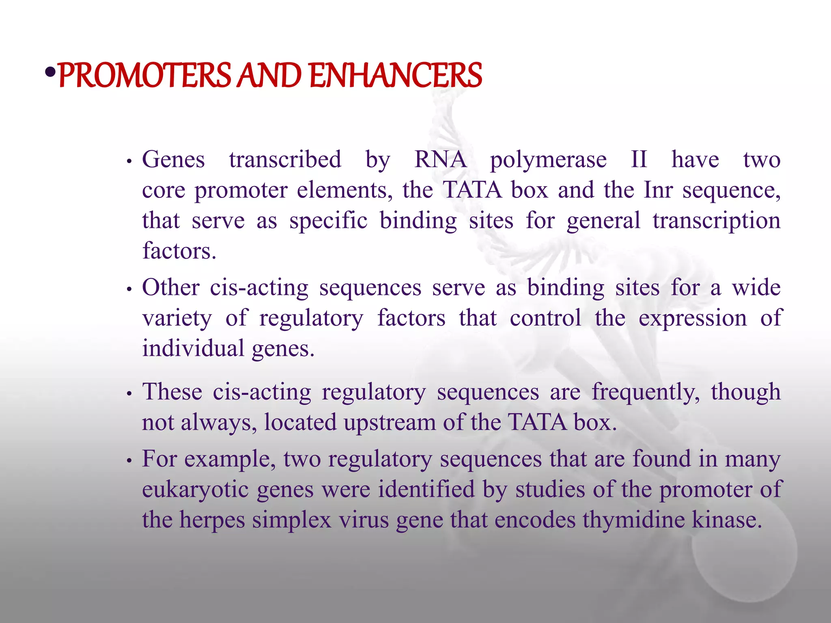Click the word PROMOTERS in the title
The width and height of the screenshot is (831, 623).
[144, 75]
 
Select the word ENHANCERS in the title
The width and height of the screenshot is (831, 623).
[396, 75]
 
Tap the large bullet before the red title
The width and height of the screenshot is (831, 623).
[50, 73]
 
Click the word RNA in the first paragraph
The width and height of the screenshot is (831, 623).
[440, 159]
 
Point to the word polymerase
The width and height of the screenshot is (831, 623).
[548, 160]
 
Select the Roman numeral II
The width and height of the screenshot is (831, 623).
[639, 159]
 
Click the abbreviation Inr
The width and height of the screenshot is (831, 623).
[658, 189]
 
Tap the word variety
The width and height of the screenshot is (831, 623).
[177, 318]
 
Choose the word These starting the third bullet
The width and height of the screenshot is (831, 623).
[172, 392]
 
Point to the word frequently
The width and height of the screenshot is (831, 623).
[646, 393]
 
